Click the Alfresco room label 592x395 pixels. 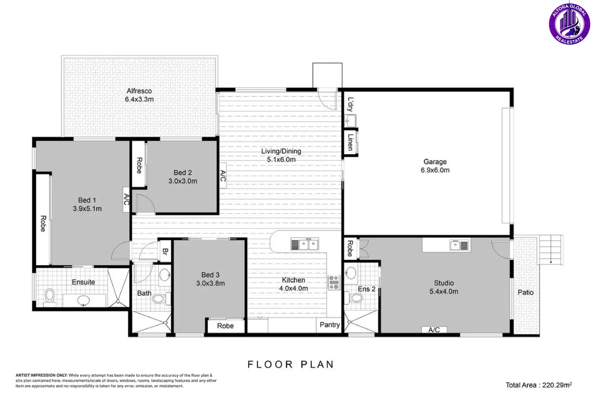click(x=139, y=91)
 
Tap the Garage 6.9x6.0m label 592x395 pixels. click(x=435, y=166)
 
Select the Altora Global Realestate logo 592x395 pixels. click(x=569, y=24)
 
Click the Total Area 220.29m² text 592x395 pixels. click(x=539, y=385)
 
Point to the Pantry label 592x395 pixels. click(x=330, y=325)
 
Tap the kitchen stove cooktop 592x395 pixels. click(x=334, y=283)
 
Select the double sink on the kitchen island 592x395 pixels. click(x=304, y=244)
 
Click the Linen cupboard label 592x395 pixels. click(x=350, y=142)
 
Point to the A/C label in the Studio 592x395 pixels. click(x=434, y=330)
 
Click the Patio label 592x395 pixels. click(x=525, y=292)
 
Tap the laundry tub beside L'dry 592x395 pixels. click(x=350, y=121)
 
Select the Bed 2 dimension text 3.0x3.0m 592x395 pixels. click(x=183, y=181)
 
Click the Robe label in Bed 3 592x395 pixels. click(x=225, y=326)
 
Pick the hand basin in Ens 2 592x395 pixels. click(x=351, y=273)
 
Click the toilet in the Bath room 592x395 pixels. click(x=161, y=299)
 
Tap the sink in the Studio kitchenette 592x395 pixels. click(x=459, y=245)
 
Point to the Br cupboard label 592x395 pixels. click(x=165, y=251)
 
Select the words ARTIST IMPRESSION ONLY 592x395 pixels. click(x=42, y=375)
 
